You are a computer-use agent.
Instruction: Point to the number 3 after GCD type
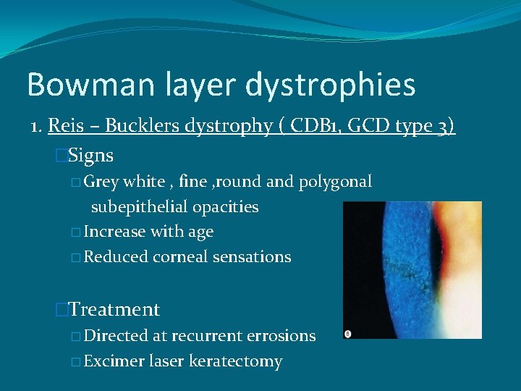(443, 126)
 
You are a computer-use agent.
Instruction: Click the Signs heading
(90, 156)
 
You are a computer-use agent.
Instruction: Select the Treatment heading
(114, 310)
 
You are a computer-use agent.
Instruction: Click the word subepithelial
(139, 206)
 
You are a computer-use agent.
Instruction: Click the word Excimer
(116, 361)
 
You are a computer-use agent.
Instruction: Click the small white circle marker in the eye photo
(348, 333)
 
